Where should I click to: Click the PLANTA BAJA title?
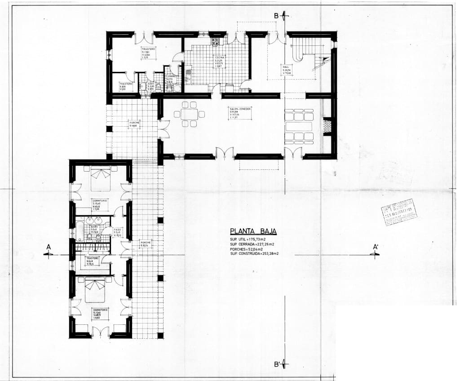point(253,232)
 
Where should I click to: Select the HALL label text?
point(286,68)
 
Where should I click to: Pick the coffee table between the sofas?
point(299,126)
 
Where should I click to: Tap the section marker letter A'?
point(376,247)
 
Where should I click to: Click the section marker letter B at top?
point(277,16)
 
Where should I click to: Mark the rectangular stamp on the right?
point(398,210)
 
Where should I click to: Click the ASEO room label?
point(151,84)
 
